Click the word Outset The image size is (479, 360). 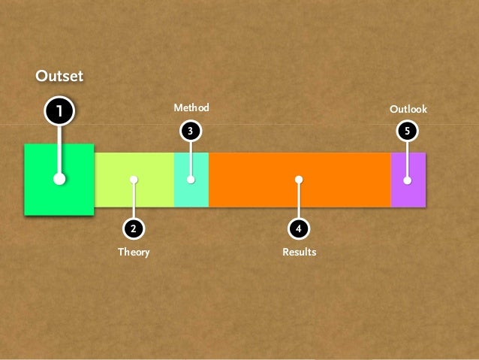(59, 76)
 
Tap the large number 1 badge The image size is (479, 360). (59, 112)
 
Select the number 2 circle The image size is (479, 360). (134, 227)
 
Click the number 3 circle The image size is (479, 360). (191, 131)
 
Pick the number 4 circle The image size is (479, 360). (299, 227)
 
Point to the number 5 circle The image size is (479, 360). (408, 131)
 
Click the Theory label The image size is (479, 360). (134, 253)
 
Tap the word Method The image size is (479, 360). (191, 108)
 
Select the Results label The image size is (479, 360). (299, 253)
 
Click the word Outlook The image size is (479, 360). (408, 110)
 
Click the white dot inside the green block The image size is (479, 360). (59, 180)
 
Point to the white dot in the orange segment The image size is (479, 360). (299, 180)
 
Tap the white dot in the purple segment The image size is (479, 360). (408, 180)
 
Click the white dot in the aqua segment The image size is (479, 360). (191, 180)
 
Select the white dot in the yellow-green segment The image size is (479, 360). (134, 180)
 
